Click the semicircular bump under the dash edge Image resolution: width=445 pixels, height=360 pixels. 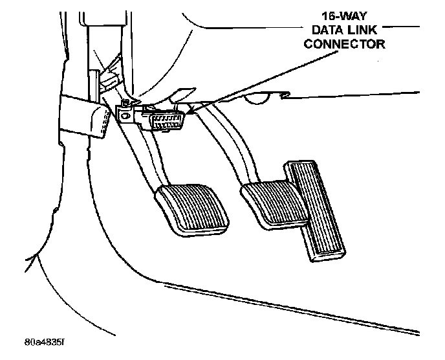pos(261,98)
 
